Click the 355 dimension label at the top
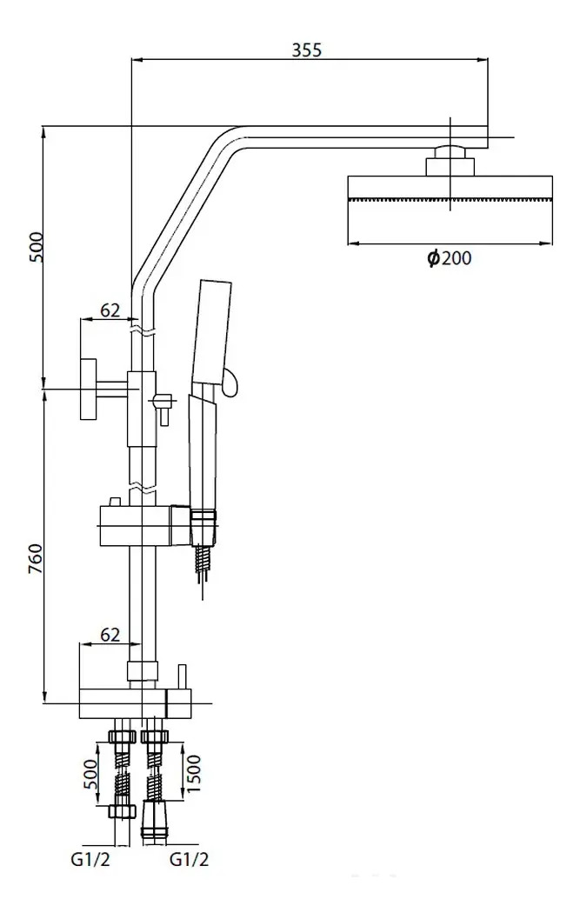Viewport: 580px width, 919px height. click(307, 50)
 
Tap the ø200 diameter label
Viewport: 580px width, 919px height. click(449, 258)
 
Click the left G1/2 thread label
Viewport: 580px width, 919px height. click(90, 859)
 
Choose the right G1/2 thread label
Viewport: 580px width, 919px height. click(189, 859)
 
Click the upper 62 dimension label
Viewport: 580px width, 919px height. click(110, 310)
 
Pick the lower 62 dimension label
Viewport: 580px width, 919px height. click(110, 634)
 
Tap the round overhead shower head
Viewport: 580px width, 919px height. click(450, 188)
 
